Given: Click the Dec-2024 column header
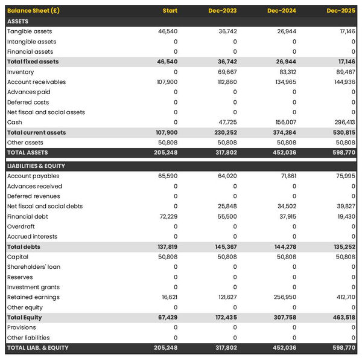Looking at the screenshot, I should (x=283, y=11).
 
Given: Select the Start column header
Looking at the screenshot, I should (x=170, y=11).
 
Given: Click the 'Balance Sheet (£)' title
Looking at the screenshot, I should (x=33, y=11).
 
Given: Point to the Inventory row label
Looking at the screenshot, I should (x=21, y=72).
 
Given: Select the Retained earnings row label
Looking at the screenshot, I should (x=33, y=297).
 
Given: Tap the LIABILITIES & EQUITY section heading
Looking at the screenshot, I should (x=36, y=166).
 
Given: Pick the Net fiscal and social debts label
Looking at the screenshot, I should (x=45, y=206).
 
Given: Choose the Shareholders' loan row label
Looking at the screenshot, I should (x=34, y=266).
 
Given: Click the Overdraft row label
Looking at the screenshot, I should (x=21, y=227).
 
